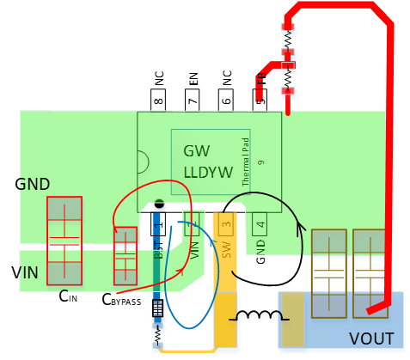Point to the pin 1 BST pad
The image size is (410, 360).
(x=158, y=224)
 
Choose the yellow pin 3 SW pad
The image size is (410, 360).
(x=225, y=226)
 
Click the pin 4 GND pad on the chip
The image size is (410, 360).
(x=260, y=226)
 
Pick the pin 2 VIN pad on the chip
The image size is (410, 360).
(x=193, y=225)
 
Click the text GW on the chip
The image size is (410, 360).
(x=197, y=150)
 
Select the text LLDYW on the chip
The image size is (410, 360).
(x=208, y=172)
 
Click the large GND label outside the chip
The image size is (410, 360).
(x=33, y=185)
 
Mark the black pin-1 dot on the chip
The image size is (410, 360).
(x=158, y=204)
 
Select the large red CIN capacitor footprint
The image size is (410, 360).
(x=64, y=241)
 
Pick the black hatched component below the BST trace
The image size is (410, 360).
(x=158, y=310)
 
